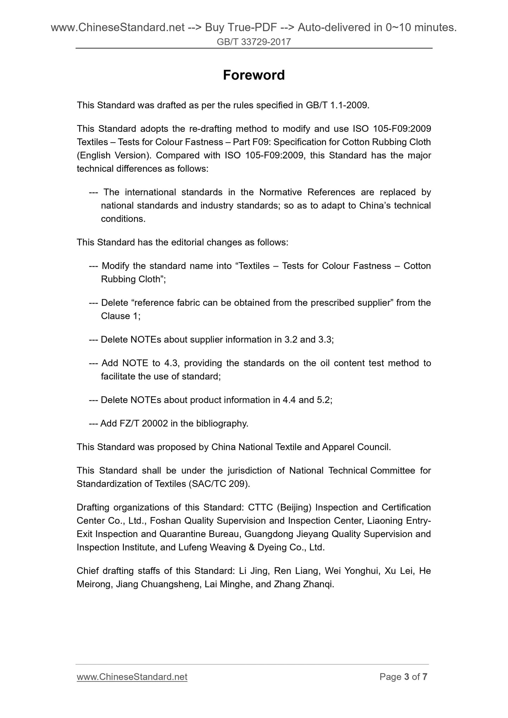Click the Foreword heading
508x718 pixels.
pos(254,75)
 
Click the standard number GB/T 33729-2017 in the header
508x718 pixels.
pos(254,42)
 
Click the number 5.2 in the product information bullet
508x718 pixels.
pos(324,400)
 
